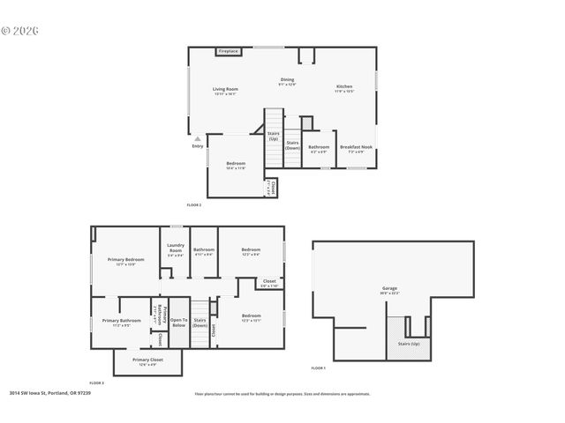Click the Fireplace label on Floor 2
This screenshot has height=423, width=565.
point(229,51)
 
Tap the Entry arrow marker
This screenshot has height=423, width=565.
point(198,138)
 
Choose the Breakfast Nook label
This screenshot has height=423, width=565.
point(356,149)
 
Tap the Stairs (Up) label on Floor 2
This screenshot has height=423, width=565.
point(274,136)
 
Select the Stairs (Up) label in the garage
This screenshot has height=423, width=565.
point(409,344)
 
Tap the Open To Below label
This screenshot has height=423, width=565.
point(178,323)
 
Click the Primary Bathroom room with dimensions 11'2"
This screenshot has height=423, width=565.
point(121,323)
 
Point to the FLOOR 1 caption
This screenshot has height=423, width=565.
point(318,367)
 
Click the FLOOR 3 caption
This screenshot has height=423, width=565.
point(96,382)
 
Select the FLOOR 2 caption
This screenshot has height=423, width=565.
point(193,204)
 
